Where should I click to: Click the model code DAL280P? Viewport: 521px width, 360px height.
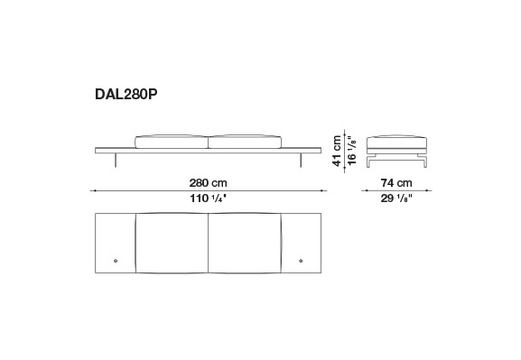click(126, 95)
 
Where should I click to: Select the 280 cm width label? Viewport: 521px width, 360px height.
click(208, 182)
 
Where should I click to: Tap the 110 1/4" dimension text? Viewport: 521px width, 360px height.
click(208, 198)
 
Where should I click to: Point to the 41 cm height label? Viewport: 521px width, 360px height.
click(337, 151)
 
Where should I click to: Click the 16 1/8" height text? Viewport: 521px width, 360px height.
click(352, 150)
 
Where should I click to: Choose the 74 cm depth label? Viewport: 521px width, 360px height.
click(396, 182)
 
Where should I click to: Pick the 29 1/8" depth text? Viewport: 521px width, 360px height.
click(396, 198)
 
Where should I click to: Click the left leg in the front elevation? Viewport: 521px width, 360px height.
click(116, 160)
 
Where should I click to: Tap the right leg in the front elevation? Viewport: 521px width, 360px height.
click(301, 160)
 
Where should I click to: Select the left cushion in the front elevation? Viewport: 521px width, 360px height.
click(172, 142)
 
